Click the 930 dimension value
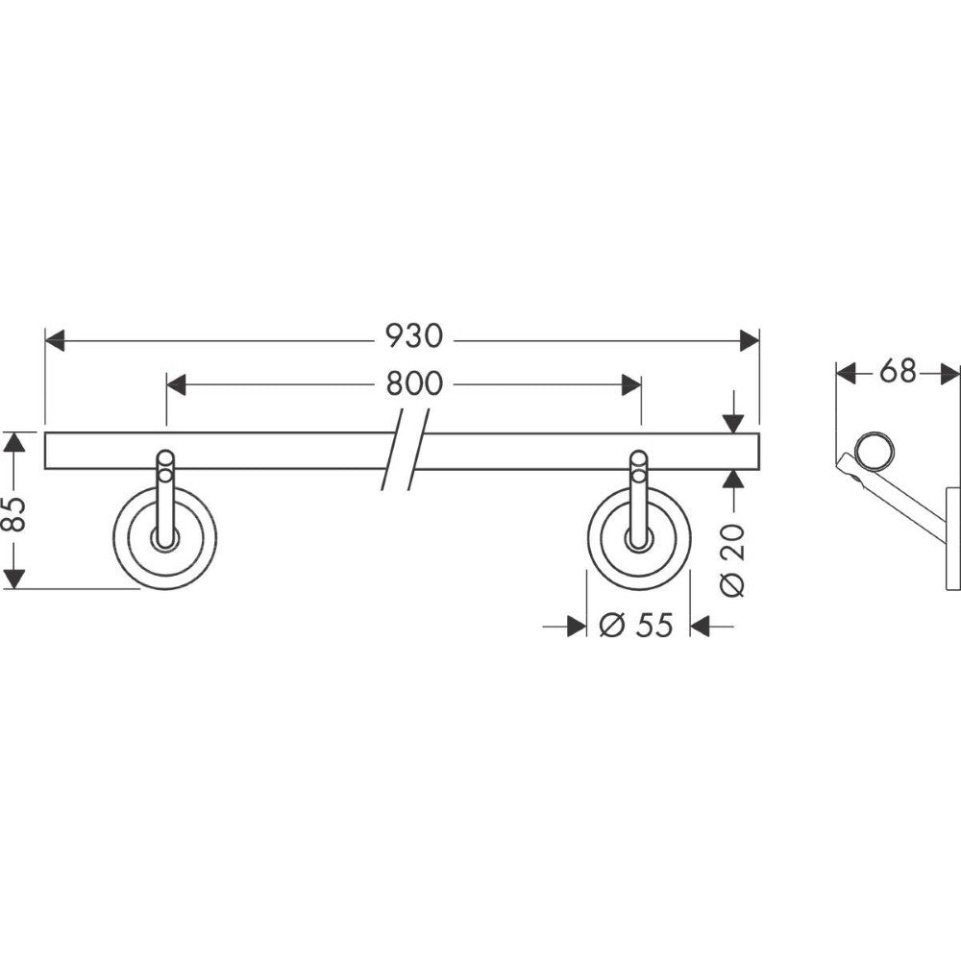click(413, 336)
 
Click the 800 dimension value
click(414, 384)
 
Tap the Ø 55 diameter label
click(635, 626)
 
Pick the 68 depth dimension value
click(898, 371)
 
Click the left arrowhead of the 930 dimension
click(55, 340)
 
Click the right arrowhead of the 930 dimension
click(750, 340)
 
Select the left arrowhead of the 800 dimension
click(176, 385)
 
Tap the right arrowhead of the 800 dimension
click(631, 385)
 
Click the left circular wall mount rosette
click(165, 538)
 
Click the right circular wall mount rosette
click(639, 538)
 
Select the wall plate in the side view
click(953, 539)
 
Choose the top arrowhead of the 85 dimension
click(14, 441)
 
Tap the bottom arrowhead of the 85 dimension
click(14, 579)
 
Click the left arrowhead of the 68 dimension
click(847, 373)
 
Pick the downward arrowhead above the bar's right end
click(732, 424)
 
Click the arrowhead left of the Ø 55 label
click(577, 627)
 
